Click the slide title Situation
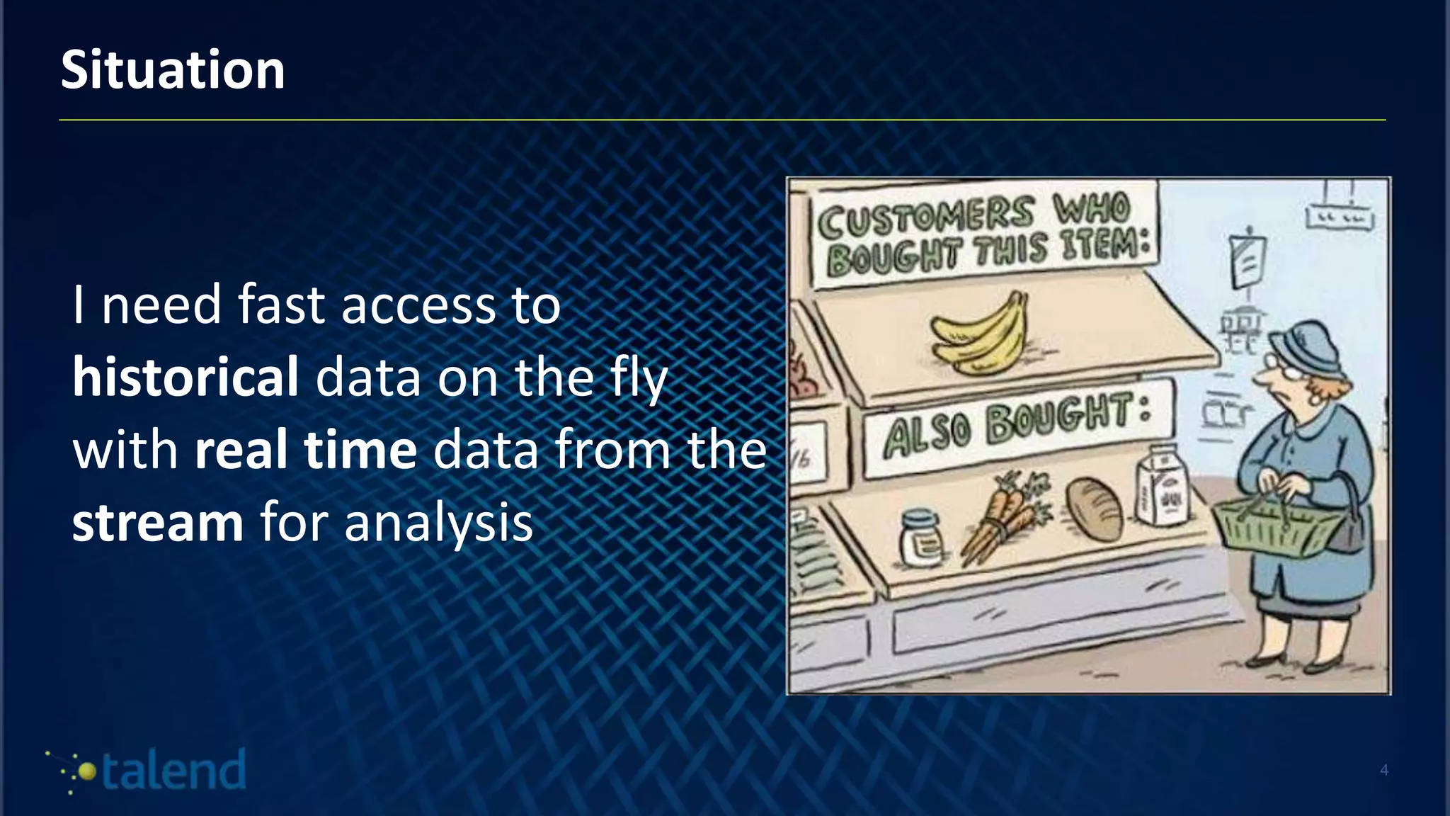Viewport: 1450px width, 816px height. pos(173,70)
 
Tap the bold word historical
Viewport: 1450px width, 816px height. pos(185,377)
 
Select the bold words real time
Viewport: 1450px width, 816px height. pos(306,450)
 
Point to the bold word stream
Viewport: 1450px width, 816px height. pos(158,523)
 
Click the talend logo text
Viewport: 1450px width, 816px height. pos(174,771)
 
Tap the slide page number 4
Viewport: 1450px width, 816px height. pos(1384,770)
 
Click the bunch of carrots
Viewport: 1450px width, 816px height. pos(1003,517)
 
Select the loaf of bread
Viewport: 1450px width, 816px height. pos(1095,508)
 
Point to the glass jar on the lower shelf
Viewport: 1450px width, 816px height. pos(921,538)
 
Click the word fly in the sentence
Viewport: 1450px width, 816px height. pos(636,378)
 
